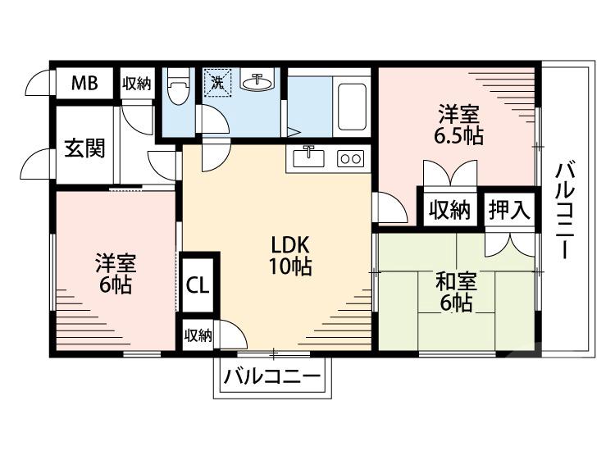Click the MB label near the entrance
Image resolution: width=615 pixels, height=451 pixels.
(x=84, y=82)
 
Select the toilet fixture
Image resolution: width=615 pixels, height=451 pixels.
(x=177, y=86)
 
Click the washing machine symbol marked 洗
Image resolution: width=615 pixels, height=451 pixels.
(x=218, y=82)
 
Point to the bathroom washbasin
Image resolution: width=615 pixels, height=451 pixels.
(x=257, y=82)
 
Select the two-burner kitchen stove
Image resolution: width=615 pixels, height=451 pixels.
(x=350, y=157)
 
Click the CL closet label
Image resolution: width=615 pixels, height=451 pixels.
(x=198, y=285)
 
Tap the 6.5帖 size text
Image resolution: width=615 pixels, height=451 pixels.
(x=458, y=135)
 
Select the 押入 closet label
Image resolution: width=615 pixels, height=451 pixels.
(x=509, y=209)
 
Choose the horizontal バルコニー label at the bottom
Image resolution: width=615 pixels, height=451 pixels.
(x=272, y=378)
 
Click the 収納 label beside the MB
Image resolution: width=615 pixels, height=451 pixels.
(x=137, y=83)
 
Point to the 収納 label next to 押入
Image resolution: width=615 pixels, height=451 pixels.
(x=449, y=210)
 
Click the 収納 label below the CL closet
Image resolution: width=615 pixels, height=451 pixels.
(x=198, y=335)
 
